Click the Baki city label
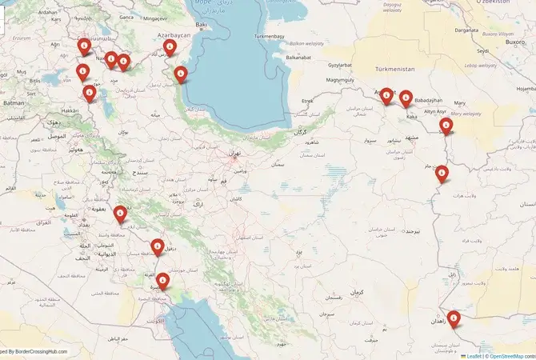point(201,26)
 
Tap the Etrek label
point(307,101)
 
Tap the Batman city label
point(14,103)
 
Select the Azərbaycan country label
point(174,36)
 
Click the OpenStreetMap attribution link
point(507,356)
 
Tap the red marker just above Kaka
point(406,98)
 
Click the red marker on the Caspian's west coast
point(181,75)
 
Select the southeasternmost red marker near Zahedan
point(454,318)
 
